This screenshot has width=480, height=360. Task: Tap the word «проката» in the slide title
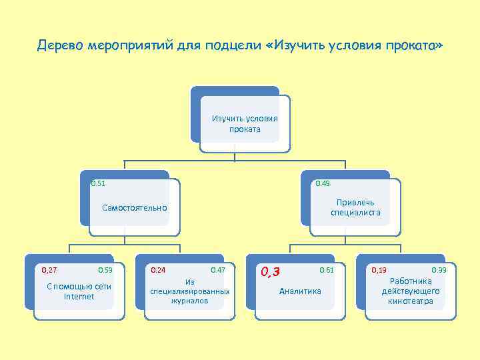pyautogui.click(x=415, y=47)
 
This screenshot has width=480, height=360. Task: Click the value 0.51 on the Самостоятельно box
pyautogui.click(x=98, y=183)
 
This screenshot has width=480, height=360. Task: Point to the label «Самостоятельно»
pyautogui.click(x=135, y=208)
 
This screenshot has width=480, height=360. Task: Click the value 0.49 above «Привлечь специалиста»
pyautogui.click(x=323, y=183)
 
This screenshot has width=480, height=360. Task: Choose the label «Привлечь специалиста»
pyautogui.click(x=355, y=207)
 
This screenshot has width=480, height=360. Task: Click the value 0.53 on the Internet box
pyautogui.click(x=105, y=270)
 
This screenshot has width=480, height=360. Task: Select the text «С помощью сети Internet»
pyautogui.click(x=79, y=291)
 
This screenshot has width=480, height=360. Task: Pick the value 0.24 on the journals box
pyautogui.click(x=158, y=270)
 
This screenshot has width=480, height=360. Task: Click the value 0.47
pyautogui.click(x=217, y=270)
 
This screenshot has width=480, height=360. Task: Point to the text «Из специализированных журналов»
pyautogui.click(x=189, y=291)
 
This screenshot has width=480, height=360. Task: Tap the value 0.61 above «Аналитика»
pyautogui.click(x=327, y=270)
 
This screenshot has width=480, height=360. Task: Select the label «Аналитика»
pyautogui.click(x=300, y=291)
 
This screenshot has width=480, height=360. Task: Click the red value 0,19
pyautogui.click(x=379, y=270)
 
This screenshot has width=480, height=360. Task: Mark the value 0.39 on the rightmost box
pyautogui.click(x=439, y=270)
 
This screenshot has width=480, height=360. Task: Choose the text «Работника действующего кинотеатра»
pyautogui.click(x=411, y=291)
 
